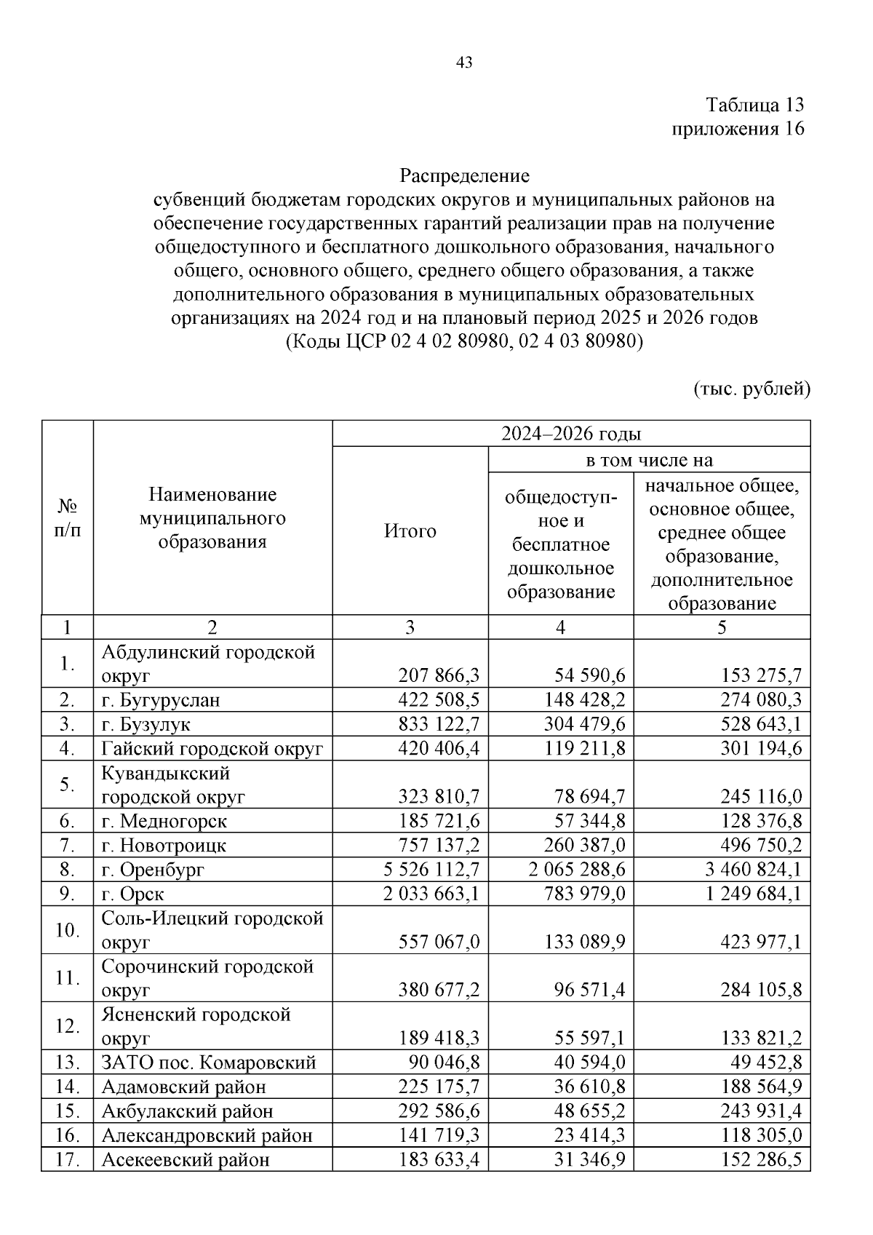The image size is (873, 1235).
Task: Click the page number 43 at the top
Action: click(464, 63)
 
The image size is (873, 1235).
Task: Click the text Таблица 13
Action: click(755, 105)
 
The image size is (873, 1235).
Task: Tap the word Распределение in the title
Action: click(464, 175)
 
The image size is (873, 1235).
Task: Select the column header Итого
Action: click(410, 531)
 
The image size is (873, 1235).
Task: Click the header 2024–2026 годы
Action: click(571, 434)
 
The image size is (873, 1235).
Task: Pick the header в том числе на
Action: click(649, 460)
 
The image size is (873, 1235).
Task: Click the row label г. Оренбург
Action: click(153, 870)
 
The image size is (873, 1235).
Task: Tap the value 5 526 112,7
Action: click(431, 870)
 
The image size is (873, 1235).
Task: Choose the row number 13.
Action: click(67, 1063)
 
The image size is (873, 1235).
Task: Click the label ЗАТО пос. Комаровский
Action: click(208, 1063)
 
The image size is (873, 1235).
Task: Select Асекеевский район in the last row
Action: click(185, 1160)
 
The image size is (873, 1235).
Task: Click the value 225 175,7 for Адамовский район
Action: click(439, 1087)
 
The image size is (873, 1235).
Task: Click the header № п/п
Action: click(67, 518)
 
